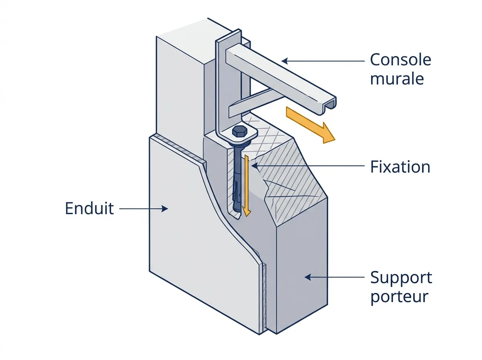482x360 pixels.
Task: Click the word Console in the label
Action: pyautogui.click(x=401, y=59)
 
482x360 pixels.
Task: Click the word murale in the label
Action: pyautogui.click(x=397, y=79)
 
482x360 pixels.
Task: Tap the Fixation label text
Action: pyautogui.click(x=400, y=167)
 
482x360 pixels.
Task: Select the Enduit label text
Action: pyautogui.click(x=90, y=208)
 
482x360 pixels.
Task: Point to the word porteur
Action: pyautogui.click(x=399, y=297)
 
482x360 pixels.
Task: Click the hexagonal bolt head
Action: pyautogui.click(x=240, y=131)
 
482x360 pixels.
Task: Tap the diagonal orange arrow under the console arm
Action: pyautogui.click(x=310, y=125)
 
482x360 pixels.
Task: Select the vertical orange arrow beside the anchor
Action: pyautogui.click(x=247, y=186)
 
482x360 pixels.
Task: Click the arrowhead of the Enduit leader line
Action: pyautogui.click(x=165, y=209)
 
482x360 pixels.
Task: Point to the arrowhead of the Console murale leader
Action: pyautogui.click(x=285, y=61)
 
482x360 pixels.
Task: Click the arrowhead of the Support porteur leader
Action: pyautogui.click(x=308, y=277)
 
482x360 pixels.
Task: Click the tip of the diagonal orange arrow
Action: pyautogui.click(x=335, y=140)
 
